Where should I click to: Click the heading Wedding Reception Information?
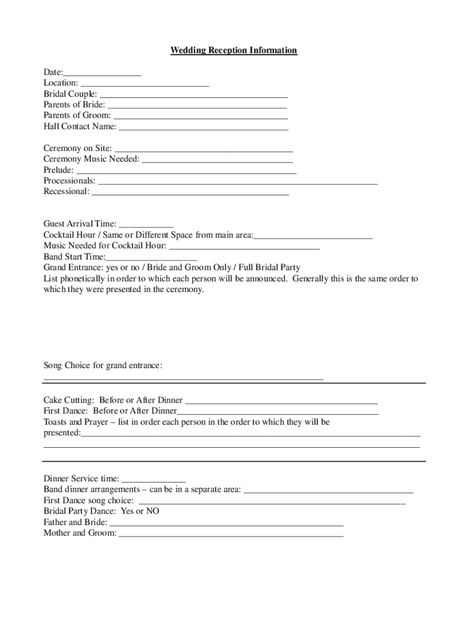click(233, 50)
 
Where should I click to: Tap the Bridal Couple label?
click(70, 94)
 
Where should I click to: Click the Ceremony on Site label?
click(78, 148)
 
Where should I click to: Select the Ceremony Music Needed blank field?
click(217, 159)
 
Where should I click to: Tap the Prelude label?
click(58, 170)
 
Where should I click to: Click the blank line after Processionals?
click(238, 181)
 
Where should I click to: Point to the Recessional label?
click(66, 192)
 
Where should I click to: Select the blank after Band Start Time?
click(151, 257)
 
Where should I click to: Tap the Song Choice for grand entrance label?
click(103, 366)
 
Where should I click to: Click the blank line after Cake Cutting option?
click(281, 401)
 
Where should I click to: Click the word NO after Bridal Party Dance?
click(152, 512)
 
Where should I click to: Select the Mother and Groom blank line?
click(231, 534)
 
